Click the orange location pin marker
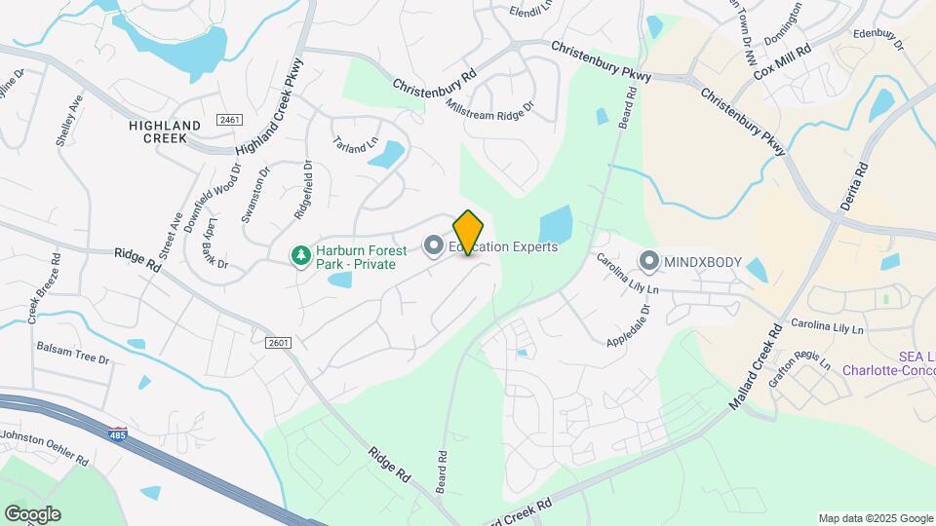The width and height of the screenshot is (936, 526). [x=469, y=232]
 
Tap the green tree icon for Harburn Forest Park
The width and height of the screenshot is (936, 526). [x=300, y=255]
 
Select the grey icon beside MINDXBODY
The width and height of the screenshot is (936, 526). [x=649, y=261]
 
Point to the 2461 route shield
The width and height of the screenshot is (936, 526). [x=230, y=120]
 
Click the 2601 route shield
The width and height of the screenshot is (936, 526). [x=279, y=342]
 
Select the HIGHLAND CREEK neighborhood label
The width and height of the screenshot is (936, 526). [x=165, y=131]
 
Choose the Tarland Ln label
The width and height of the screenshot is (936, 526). [x=356, y=143]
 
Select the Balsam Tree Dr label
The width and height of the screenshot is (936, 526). [x=74, y=353]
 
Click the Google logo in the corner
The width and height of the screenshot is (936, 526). [x=32, y=514]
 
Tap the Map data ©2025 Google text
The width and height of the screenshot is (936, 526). [x=875, y=518]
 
